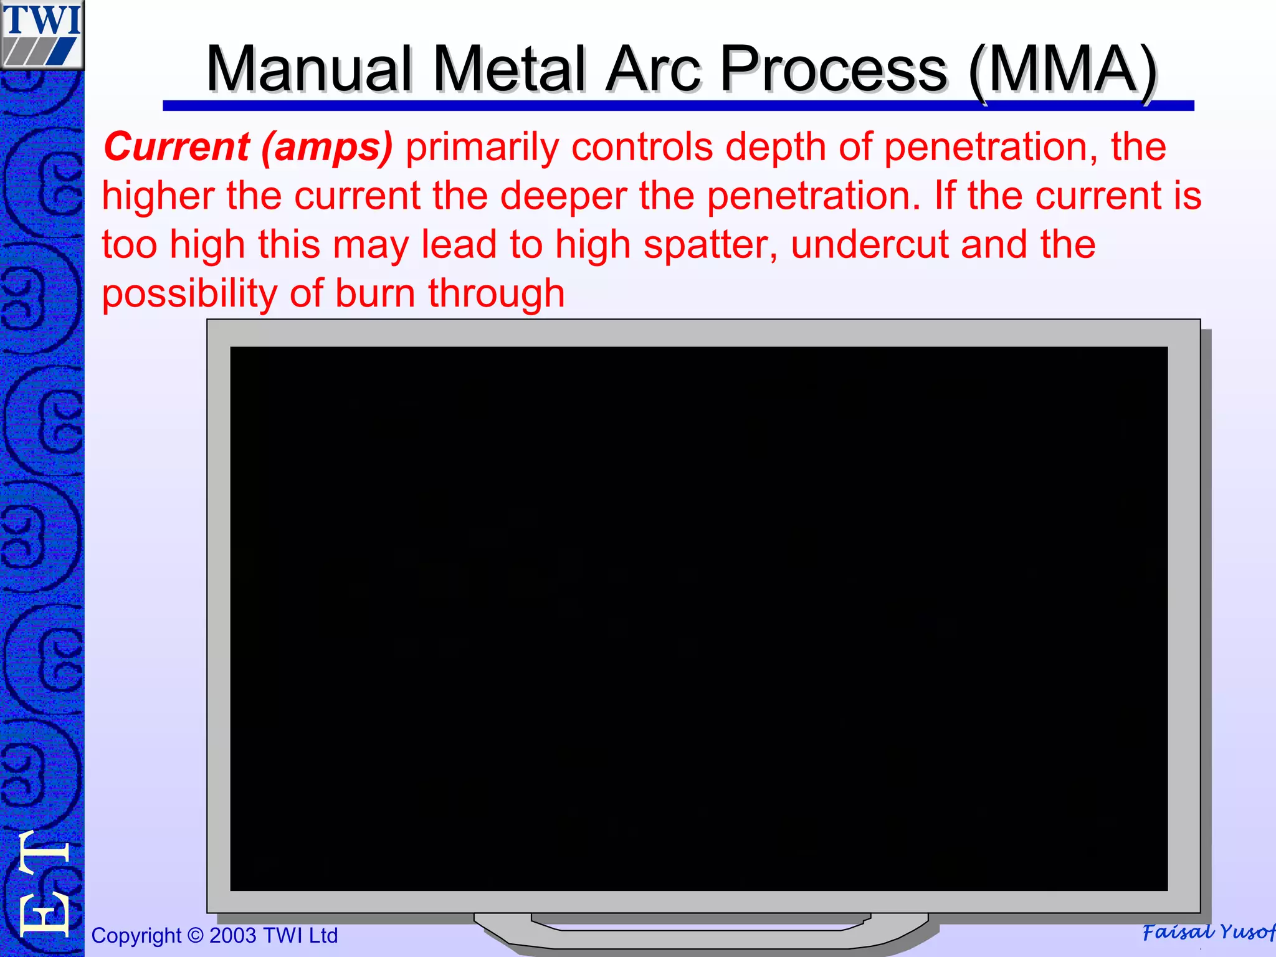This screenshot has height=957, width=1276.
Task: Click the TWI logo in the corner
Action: click(42, 35)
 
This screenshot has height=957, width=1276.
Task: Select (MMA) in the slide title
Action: click(1063, 70)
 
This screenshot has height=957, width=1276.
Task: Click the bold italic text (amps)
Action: click(327, 148)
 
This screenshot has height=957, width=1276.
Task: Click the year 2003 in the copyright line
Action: click(232, 935)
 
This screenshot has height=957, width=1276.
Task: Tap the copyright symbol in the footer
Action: click(196, 935)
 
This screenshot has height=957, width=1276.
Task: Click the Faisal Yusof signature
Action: click(1207, 932)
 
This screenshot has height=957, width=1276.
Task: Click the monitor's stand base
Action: click(700, 932)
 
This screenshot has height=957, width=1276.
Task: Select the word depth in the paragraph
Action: click(775, 148)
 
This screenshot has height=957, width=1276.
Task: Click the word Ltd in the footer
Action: click(322, 935)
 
